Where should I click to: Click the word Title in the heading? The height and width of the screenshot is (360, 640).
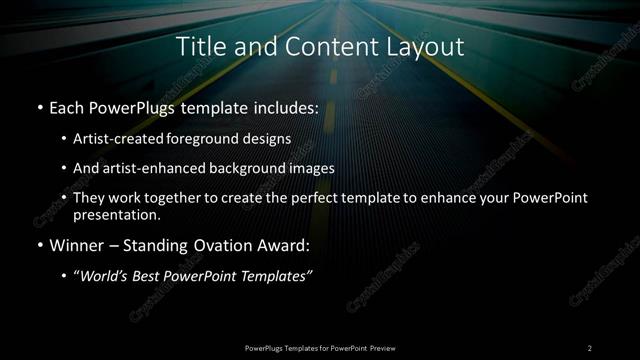(x=199, y=46)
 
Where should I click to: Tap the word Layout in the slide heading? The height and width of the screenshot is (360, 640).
(x=427, y=46)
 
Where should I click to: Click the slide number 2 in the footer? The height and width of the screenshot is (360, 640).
(x=590, y=347)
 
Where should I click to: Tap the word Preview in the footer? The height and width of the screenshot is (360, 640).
(x=380, y=347)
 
